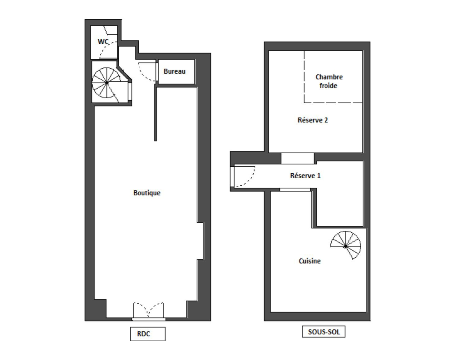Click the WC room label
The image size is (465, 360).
[x=103, y=42]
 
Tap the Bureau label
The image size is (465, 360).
[x=175, y=71]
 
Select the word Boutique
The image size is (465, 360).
[x=147, y=193]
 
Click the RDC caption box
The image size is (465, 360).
[x=148, y=334]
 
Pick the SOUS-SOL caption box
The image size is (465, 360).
[x=324, y=332]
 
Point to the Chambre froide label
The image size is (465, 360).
[x=329, y=81]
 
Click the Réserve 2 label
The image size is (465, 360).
[x=313, y=120]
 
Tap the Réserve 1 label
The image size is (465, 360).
[x=305, y=176]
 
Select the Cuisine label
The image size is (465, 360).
[x=310, y=261]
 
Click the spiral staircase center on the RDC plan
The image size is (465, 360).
[x=107, y=83]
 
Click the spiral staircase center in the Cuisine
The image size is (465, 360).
[x=346, y=247]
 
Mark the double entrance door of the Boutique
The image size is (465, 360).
[x=148, y=310]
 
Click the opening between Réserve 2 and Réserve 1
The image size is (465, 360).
[x=297, y=158]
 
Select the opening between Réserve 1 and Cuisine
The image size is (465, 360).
[x=295, y=190]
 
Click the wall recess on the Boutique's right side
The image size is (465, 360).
[x=201, y=241]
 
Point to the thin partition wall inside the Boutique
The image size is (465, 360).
[x=155, y=113]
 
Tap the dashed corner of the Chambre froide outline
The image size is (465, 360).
[x=304, y=103]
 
